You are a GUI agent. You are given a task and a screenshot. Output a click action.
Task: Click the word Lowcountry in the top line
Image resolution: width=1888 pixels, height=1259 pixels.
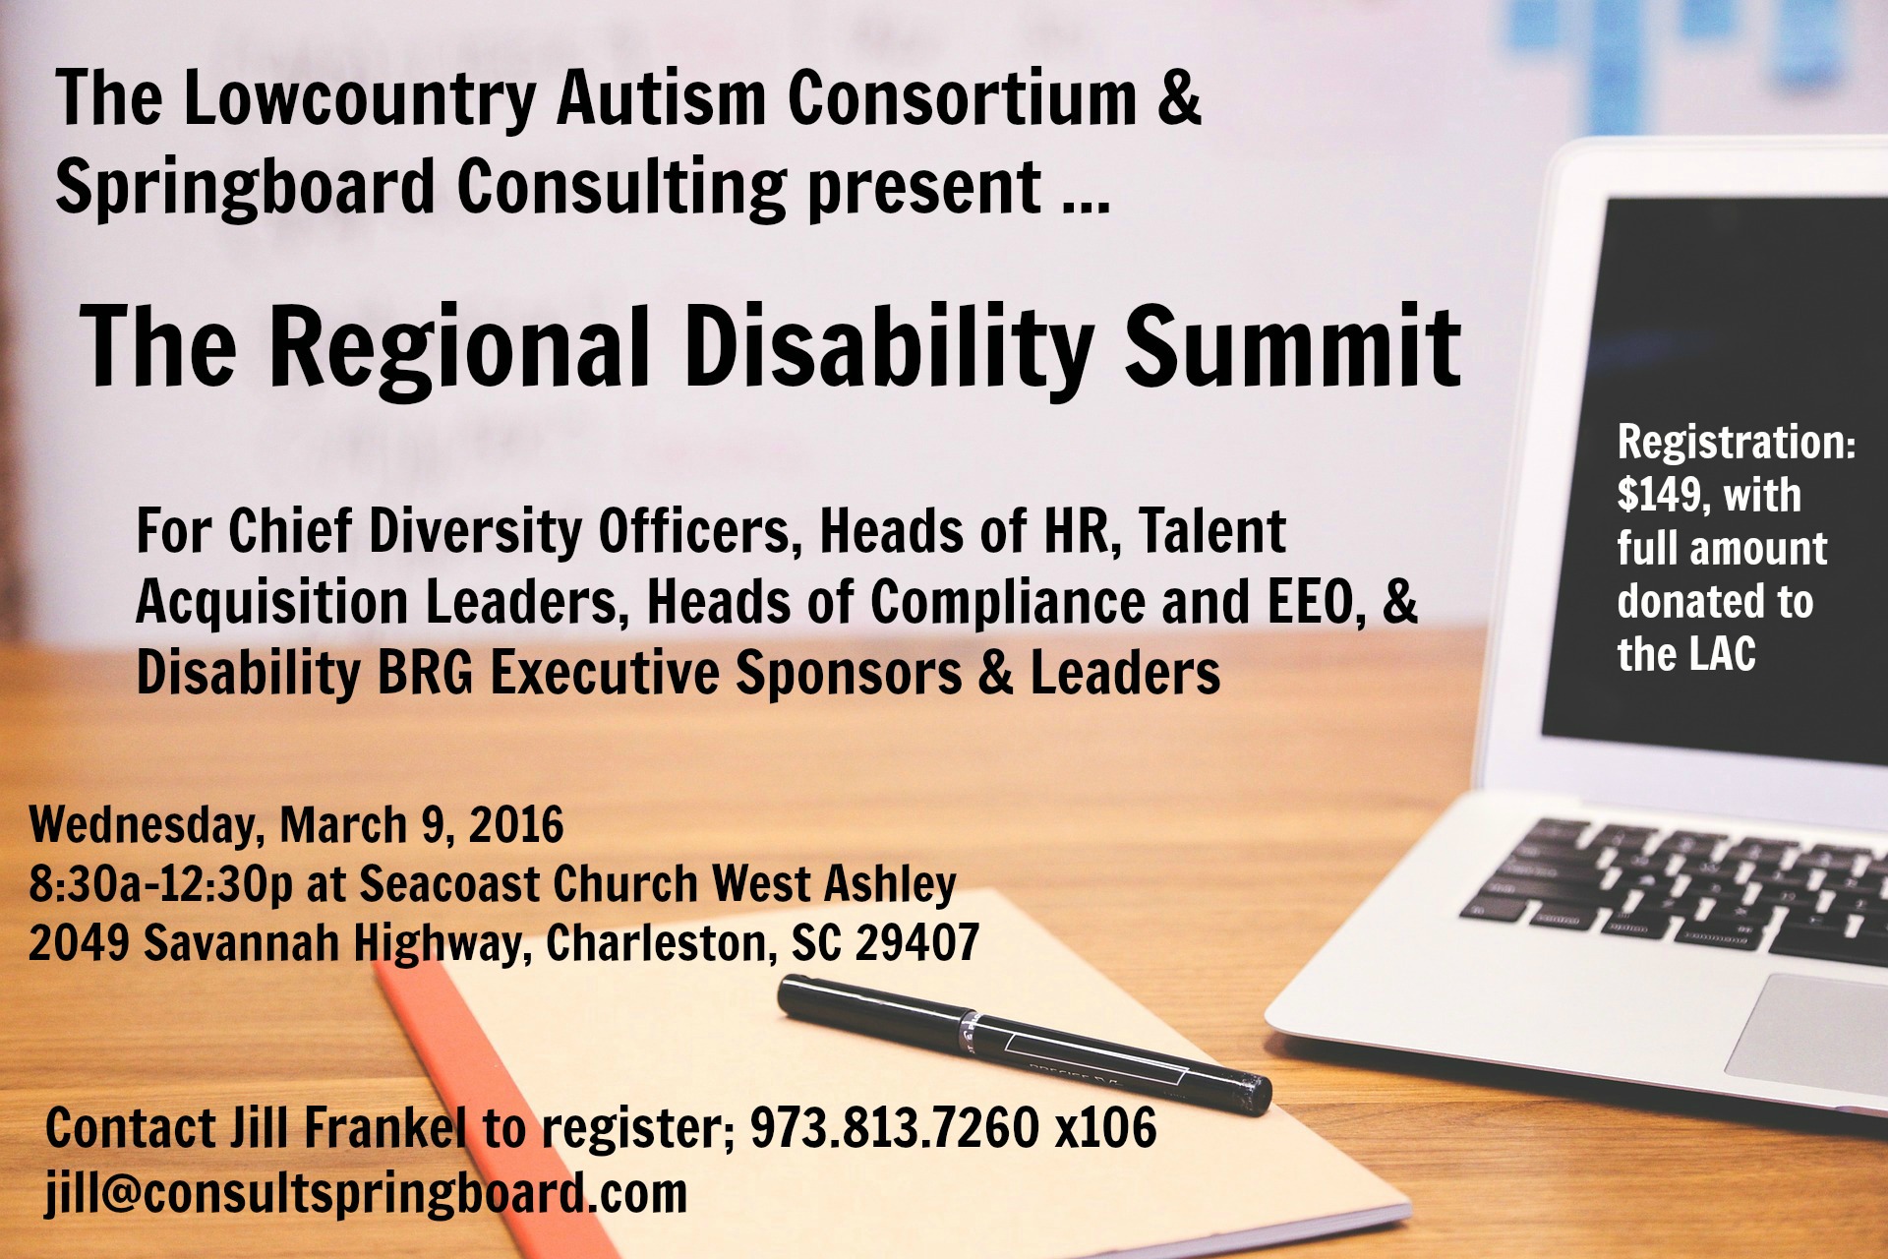point(361,100)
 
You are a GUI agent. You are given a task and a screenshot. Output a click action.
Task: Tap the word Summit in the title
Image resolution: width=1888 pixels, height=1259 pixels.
point(1292,345)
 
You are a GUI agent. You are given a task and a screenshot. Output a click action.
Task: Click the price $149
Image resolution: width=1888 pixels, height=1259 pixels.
point(1662,494)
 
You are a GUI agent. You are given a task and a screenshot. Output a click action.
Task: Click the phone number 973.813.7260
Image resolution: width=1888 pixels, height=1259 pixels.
point(894,1127)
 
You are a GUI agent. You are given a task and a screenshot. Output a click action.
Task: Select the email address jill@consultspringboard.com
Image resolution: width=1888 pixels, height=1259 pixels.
point(366,1193)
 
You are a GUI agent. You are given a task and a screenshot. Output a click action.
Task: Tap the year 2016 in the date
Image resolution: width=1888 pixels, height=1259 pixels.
point(516,824)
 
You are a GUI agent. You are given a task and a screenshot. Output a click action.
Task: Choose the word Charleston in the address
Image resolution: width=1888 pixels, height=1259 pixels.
point(654,943)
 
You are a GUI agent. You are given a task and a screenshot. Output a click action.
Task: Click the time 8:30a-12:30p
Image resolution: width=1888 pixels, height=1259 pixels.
point(161,884)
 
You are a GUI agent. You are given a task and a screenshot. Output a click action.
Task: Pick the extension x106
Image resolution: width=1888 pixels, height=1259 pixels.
point(1105,1127)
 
